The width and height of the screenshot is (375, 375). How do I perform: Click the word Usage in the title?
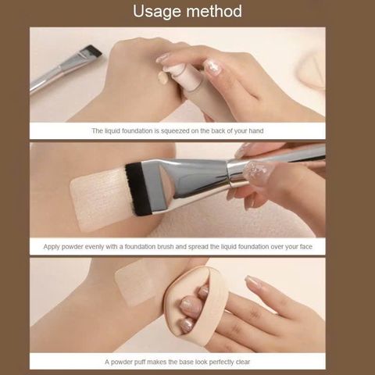[x=159, y=12]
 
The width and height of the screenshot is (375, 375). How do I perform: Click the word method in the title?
[x=212, y=12]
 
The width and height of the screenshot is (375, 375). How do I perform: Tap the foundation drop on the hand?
[x=162, y=77]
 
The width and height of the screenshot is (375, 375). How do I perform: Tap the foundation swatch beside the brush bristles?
[x=98, y=196]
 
